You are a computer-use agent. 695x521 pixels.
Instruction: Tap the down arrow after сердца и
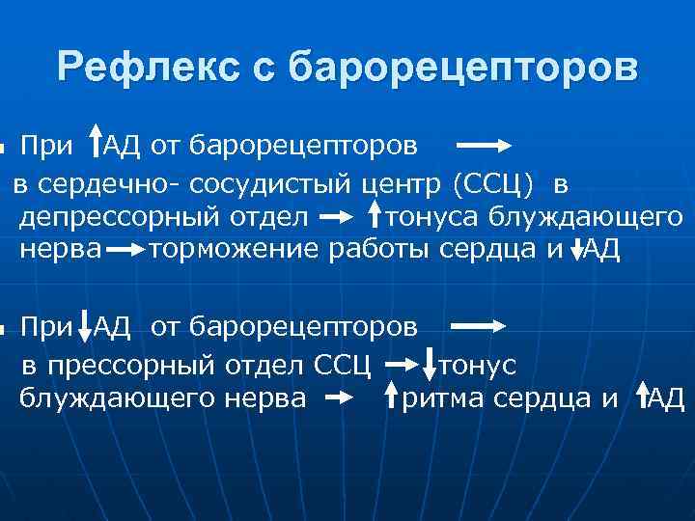(577, 248)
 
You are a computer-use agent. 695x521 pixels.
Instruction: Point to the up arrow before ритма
(392, 396)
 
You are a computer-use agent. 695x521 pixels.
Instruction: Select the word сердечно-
(97, 181)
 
